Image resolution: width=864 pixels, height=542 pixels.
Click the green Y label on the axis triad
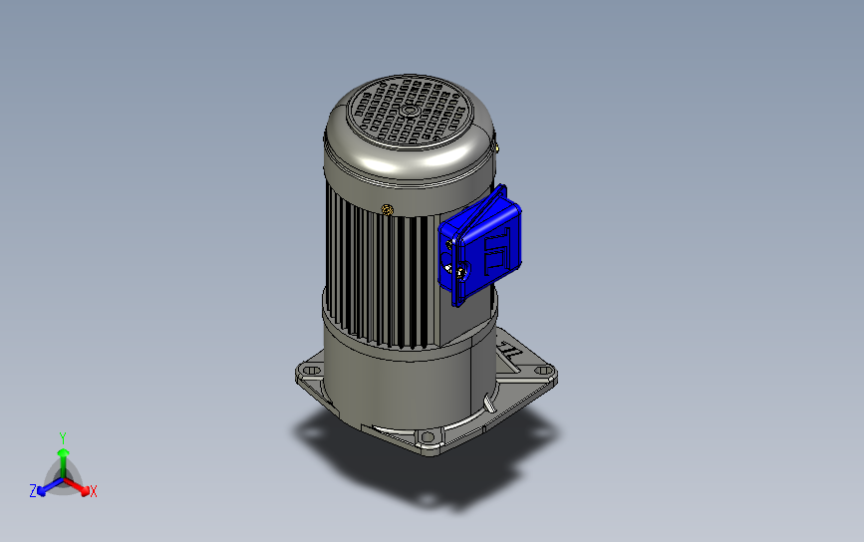point(63,438)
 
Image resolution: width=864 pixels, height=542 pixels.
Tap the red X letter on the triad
point(93,491)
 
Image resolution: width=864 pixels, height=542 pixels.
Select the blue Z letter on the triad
point(33,491)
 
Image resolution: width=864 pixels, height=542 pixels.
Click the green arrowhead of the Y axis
point(64,452)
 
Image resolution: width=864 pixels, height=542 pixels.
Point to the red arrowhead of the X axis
point(85,490)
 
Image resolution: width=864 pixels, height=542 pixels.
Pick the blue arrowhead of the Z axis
point(41,491)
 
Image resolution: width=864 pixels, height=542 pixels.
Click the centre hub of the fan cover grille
point(409,111)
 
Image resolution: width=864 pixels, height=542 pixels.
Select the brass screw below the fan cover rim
point(388,209)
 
